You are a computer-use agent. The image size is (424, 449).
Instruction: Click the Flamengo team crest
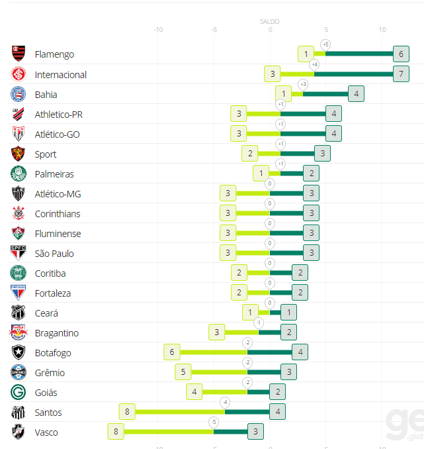point(19,54)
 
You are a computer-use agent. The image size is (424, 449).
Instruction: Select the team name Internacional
point(61,74)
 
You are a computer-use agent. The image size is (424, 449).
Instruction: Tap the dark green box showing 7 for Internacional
point(401,74)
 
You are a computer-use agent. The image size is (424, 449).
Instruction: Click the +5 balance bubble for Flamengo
point(325,44)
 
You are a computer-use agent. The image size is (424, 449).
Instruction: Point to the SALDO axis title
point(269,21)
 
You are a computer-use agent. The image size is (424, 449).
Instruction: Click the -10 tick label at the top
point(158,30)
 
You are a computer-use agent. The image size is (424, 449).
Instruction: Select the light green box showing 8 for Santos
point(127,412)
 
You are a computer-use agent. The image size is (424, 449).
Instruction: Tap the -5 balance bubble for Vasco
point(214,422)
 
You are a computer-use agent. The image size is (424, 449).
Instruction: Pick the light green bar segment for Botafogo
point(213,352)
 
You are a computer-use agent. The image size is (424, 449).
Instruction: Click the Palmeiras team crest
point(19,174)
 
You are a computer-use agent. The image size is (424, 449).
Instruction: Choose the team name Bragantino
point(57,332)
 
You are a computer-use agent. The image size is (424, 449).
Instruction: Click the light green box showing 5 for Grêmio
point(183,372)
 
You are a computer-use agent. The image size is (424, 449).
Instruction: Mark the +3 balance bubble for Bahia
point(303,84)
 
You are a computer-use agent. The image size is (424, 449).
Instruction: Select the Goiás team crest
point(19,392)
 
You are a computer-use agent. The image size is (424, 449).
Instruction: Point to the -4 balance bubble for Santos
point(225,402)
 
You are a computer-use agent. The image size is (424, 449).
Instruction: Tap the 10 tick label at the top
point(382,30)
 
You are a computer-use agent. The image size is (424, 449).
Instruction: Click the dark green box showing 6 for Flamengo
point(401,54)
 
